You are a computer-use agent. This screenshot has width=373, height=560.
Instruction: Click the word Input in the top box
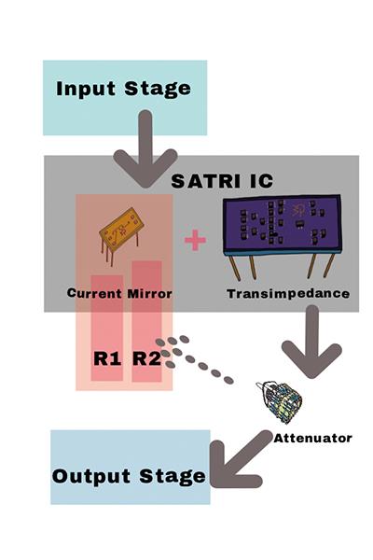click(86, 89)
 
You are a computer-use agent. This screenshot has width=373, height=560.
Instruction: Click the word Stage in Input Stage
click(158, 89)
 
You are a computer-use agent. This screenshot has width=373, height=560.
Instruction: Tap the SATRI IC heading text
click(222, 181)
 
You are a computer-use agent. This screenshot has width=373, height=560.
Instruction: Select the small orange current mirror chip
click(121, 235)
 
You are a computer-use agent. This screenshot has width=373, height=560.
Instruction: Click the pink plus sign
click(195, 240)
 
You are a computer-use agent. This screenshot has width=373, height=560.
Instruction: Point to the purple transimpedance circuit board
click(282, 226)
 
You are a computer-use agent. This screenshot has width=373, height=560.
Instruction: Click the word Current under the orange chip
click(94, 293)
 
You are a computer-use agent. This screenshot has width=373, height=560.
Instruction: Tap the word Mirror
click(149, 294)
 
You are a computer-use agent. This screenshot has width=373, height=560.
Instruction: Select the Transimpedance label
click(288, 294)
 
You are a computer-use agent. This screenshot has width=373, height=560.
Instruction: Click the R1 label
click(107, 358)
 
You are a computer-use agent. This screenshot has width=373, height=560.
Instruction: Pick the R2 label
click(146, 358)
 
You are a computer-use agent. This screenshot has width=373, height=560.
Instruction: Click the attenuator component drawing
click(280, 401)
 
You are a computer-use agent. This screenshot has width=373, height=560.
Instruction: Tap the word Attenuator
click(312, 438)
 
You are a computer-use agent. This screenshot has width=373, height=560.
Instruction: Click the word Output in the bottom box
click(91, 476)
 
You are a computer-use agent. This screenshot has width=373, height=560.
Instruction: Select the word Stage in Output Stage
click(173, 477)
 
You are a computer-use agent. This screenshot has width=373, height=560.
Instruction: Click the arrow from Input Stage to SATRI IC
click(145, 150)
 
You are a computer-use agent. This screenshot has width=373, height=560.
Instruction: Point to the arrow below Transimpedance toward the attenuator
click(312, 343)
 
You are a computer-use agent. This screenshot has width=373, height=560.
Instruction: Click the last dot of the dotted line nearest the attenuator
click(228, 380)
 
